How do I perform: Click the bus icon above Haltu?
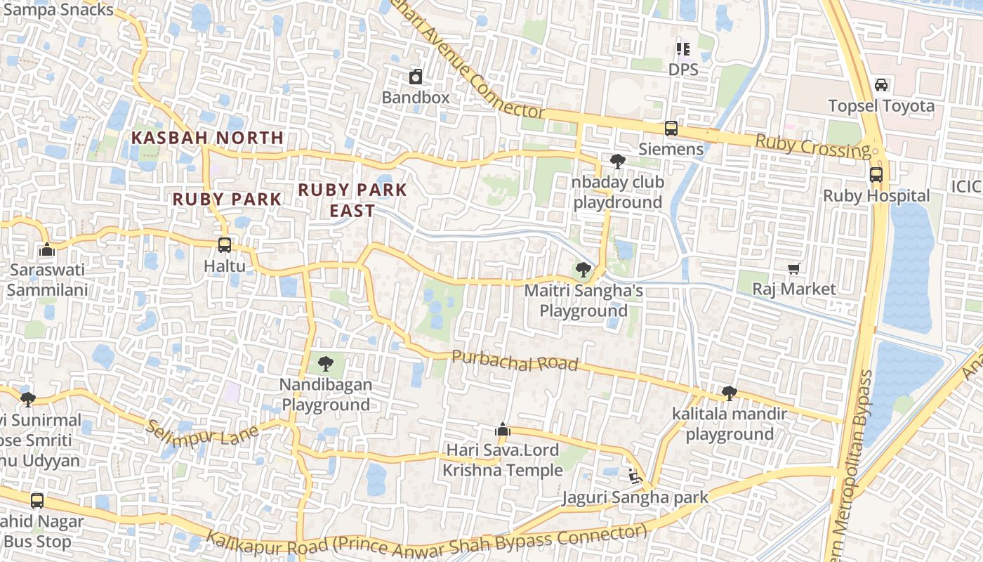tap(225, 245)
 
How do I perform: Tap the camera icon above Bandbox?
tap(416, 77)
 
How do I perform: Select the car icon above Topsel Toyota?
tap(881, 85)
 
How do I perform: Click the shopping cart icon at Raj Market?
tap(794, 268)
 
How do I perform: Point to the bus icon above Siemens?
tap(671, 129)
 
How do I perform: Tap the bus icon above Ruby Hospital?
tap(876, 175)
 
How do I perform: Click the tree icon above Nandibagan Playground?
tap(325, 364)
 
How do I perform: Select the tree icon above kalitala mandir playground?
tap(730, 393)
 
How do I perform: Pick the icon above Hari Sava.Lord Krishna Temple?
tap(502, 429)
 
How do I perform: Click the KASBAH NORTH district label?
tap(208, 138)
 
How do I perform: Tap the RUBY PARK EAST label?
tap(352, 200)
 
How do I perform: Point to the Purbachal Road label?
tap(515, 360)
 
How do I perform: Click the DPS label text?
tap(683, 70)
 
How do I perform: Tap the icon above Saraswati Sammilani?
tap(47, 250)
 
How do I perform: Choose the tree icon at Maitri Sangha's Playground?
tap(583, 269)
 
